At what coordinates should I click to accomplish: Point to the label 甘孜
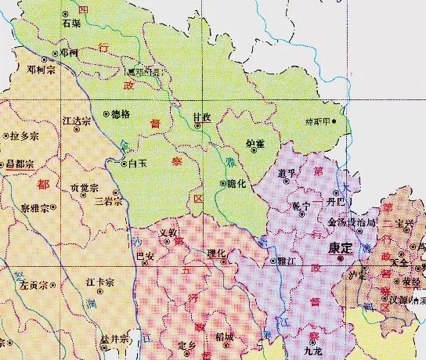click(201, 117)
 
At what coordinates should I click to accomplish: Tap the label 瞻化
click(236, 183)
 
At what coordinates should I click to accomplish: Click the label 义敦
click(169, 232)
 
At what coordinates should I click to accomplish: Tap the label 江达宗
click(77, 122)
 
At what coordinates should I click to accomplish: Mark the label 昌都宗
click(20, 164)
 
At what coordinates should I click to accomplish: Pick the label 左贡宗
click(35, 283)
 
